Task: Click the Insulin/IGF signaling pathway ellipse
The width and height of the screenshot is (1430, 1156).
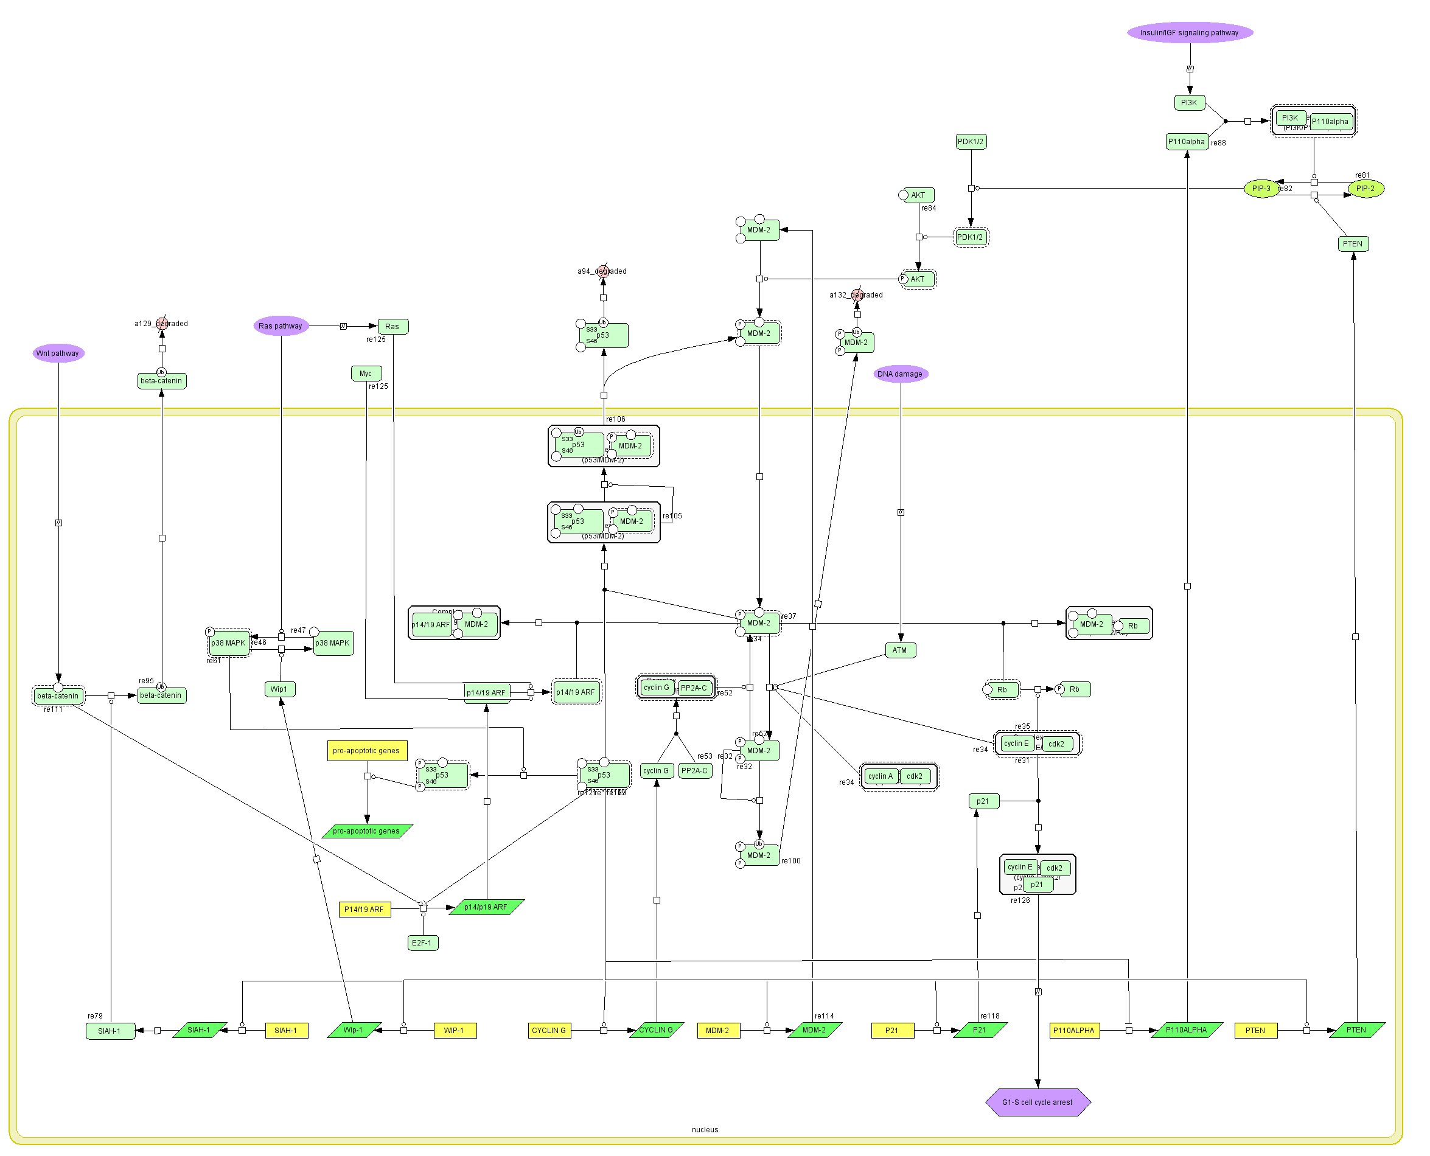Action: [1190, 33]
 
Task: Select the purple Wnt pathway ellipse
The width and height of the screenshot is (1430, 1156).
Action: [58, 353]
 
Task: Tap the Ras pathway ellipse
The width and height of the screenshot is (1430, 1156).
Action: [281, 326]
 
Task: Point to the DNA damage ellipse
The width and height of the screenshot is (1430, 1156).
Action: [900, 374]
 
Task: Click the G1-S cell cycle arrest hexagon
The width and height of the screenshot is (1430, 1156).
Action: [1037, 1102]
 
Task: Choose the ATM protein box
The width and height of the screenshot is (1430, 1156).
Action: [900, 650]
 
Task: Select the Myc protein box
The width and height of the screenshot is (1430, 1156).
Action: [366, 374]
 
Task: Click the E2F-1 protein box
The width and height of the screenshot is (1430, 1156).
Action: [422, 943]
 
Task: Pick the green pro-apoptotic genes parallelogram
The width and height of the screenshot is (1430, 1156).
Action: [366, 831]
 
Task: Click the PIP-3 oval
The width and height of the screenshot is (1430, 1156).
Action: [1261, 189]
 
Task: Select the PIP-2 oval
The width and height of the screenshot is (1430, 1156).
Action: [1365, 189]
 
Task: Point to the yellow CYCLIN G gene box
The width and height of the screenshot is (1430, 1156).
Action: [549, 1031]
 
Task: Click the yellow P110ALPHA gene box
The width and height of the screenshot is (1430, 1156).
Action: [1073, 1031]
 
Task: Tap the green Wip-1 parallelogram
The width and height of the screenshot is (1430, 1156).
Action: [353, 1030]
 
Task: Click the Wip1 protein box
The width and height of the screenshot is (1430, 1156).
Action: [279, 689]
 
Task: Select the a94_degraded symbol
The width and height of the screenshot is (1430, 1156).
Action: [603, 271]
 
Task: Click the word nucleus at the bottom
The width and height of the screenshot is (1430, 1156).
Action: [705, 1129]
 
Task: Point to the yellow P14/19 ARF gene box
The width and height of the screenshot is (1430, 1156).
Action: [364, 910]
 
